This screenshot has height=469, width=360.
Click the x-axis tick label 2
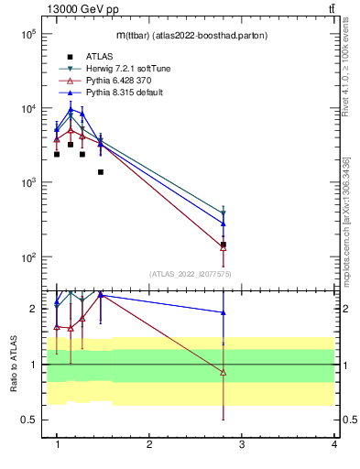tap(149, 444)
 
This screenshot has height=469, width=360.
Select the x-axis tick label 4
tap(333, 444)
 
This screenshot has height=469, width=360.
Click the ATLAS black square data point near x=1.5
tap(101, 172)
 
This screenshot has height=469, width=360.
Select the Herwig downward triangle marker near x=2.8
tap(224, 213)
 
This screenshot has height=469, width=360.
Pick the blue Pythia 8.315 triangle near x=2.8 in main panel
tap(224, 223)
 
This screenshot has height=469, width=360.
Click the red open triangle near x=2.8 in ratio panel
tap(224, 372)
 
